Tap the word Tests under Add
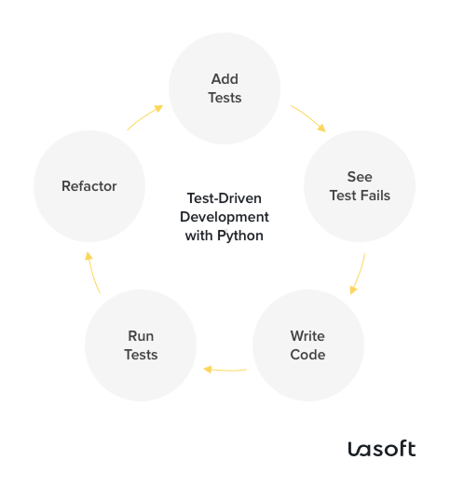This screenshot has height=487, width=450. coord(225,98)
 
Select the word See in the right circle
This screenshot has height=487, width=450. coord(360,177)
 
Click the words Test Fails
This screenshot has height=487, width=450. coord(360,195)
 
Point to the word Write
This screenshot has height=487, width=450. coord(307,336)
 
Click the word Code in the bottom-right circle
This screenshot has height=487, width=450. coord(307,354)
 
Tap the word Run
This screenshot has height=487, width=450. coord(141,336)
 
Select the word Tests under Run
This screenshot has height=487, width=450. coord(141,354)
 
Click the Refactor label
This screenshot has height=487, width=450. coord(89,186)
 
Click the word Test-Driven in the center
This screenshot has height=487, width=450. coord(225,198)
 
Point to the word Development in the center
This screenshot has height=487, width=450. coord(225,217)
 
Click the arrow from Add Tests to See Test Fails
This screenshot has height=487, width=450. coord(307,117)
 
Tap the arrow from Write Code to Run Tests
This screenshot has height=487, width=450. coord(225,369)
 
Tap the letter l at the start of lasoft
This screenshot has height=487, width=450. coord(352,449)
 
